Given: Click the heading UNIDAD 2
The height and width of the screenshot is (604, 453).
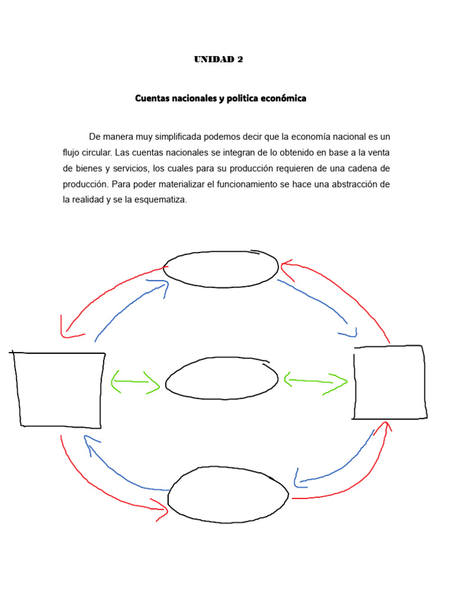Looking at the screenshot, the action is (x=218, y=60).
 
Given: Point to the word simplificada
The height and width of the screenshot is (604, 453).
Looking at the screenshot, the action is (x=178, y=137).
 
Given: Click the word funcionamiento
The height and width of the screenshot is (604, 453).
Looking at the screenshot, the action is (x=241, y=185).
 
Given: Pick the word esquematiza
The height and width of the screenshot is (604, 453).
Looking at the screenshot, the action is (x=160, y=200).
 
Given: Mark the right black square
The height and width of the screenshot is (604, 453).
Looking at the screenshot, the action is (x=389, y=382).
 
